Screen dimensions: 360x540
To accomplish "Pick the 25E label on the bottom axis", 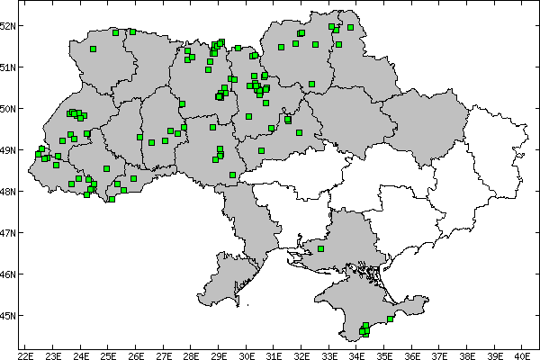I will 108,355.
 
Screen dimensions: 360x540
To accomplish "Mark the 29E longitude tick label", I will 219,355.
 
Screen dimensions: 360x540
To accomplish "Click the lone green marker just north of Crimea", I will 321,248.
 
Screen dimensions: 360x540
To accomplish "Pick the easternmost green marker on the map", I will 391,319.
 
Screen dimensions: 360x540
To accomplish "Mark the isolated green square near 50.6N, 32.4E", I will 311,85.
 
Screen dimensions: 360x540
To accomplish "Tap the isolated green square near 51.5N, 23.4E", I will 93,49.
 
